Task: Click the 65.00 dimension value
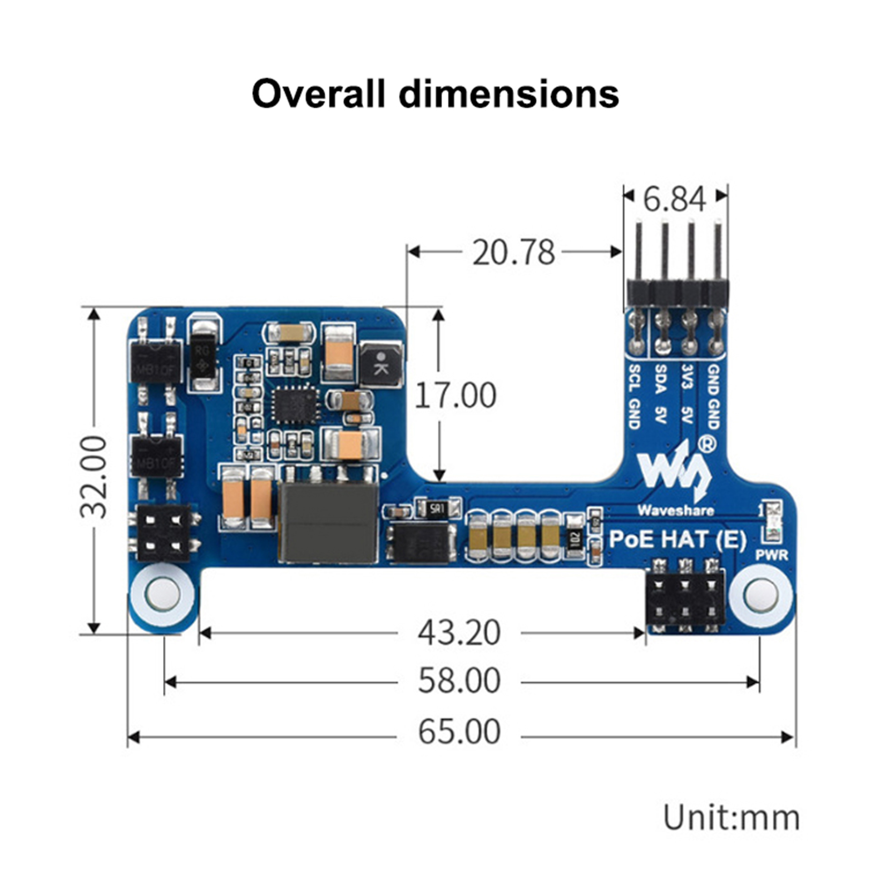459,731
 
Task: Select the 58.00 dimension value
459,680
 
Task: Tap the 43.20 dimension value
459,632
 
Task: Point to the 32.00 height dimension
93,477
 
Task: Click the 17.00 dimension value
455,395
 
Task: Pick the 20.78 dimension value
513,253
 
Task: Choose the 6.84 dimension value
674,199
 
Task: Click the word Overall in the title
318,93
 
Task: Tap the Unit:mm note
731,818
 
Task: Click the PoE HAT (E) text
677,539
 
